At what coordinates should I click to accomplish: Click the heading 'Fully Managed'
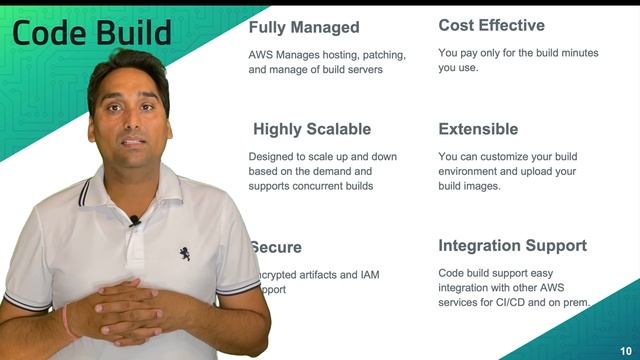tap(303, 27)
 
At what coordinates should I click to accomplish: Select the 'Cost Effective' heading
tap(491, 25)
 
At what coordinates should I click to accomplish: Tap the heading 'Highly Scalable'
tap(311, 129)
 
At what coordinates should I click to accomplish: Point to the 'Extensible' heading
tap(478, 129)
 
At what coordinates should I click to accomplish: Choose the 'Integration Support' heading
tap(512, 245)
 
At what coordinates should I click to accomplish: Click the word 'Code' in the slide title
tap(51, 33)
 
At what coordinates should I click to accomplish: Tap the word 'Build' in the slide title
tap(135, 33)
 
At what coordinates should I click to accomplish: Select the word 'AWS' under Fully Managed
tap(262, 54)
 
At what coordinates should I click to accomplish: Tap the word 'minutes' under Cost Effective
tap(573, 52)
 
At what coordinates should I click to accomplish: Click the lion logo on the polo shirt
tap(185, 254)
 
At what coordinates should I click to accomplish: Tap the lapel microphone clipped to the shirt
tap(134, 221)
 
